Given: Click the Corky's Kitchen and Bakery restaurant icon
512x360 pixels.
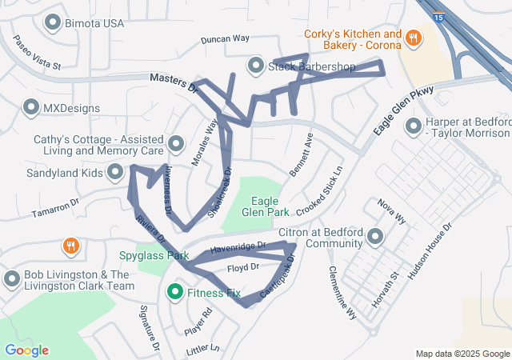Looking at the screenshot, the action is (414, 37).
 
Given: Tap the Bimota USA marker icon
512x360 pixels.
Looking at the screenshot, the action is (54, 22).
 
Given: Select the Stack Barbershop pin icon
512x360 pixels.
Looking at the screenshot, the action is (256, 65).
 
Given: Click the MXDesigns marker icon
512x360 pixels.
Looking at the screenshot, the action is (31, 106).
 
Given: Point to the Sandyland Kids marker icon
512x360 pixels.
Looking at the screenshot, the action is (116, 171).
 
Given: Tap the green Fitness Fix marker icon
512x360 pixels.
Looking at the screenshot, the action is (174, 293).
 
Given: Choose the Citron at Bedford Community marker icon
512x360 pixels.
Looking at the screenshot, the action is (376, 236).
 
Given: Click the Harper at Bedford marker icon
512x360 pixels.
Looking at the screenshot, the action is (414, 126).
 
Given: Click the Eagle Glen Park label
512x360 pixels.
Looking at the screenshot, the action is (270, 206).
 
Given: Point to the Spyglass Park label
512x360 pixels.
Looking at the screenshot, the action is (154, 256).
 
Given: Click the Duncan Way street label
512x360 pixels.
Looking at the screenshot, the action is (225, 38).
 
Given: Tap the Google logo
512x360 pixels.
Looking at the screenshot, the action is (26, 350).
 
